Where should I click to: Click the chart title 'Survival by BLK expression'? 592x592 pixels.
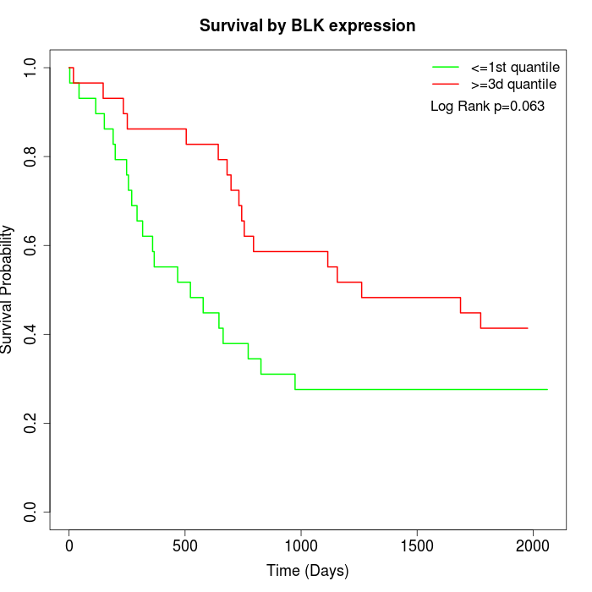pyautogui.click(x=307, y=26)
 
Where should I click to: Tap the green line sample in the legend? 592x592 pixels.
pyautogui.click(x=446, y=67)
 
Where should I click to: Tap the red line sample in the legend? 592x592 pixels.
pyautogui.click(x=446, y=85)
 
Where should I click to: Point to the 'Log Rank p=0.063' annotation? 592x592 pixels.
pyautogui.click(x=487, y=107)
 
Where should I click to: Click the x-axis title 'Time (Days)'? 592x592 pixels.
pyautogui.click(x=307, y=571)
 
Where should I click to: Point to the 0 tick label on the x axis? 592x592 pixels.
pyautogui.click(x=69, y=545)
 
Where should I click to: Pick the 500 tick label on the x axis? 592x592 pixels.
pyautogui.click(x=185, y=545)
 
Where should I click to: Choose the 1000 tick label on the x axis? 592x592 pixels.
pyautogui.click(x=301, y=545)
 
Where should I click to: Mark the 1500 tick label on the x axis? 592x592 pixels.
pyautogui.click(x=417, y=545)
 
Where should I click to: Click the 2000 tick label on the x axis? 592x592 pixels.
pyautogui.click(x=533, y=545)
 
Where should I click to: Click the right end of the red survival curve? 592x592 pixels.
pyautogui.click(x=528, y=328)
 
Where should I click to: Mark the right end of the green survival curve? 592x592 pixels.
pyautogui.click(x=547, y=389)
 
